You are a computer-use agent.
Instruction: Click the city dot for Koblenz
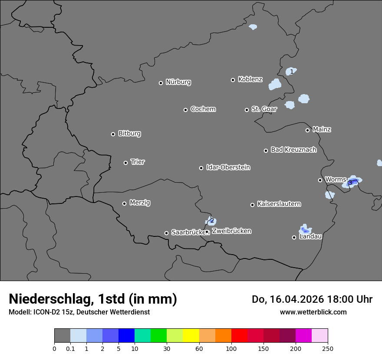click(x=233, y=80)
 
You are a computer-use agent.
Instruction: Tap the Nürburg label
click(x=178, y=82)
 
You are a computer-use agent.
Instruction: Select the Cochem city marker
click(x=185, y=110)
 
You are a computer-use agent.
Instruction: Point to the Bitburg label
click(x=129, y=134)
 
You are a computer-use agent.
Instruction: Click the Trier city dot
click(x=126, y=163)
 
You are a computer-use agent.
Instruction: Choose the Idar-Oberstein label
click(x=228, y=167)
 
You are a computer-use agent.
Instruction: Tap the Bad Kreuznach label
click(x=293, y=150)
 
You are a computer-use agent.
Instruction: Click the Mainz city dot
click(x=307, y=130)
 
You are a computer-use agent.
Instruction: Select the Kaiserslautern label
click(x=279, y=204)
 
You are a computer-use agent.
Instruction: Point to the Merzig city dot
click(x=124, y=203)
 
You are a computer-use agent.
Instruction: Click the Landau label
click(x=310, y=236)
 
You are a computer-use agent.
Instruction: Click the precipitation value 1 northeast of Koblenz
click(x=292, y=71)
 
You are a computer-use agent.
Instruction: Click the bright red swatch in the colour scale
click(x=239, y=336)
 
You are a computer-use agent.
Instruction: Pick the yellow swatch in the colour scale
click(x=191, y=336)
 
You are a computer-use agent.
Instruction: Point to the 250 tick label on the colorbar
click(x=328, y=348)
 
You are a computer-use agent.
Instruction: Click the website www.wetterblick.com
click(x=313, y=312)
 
